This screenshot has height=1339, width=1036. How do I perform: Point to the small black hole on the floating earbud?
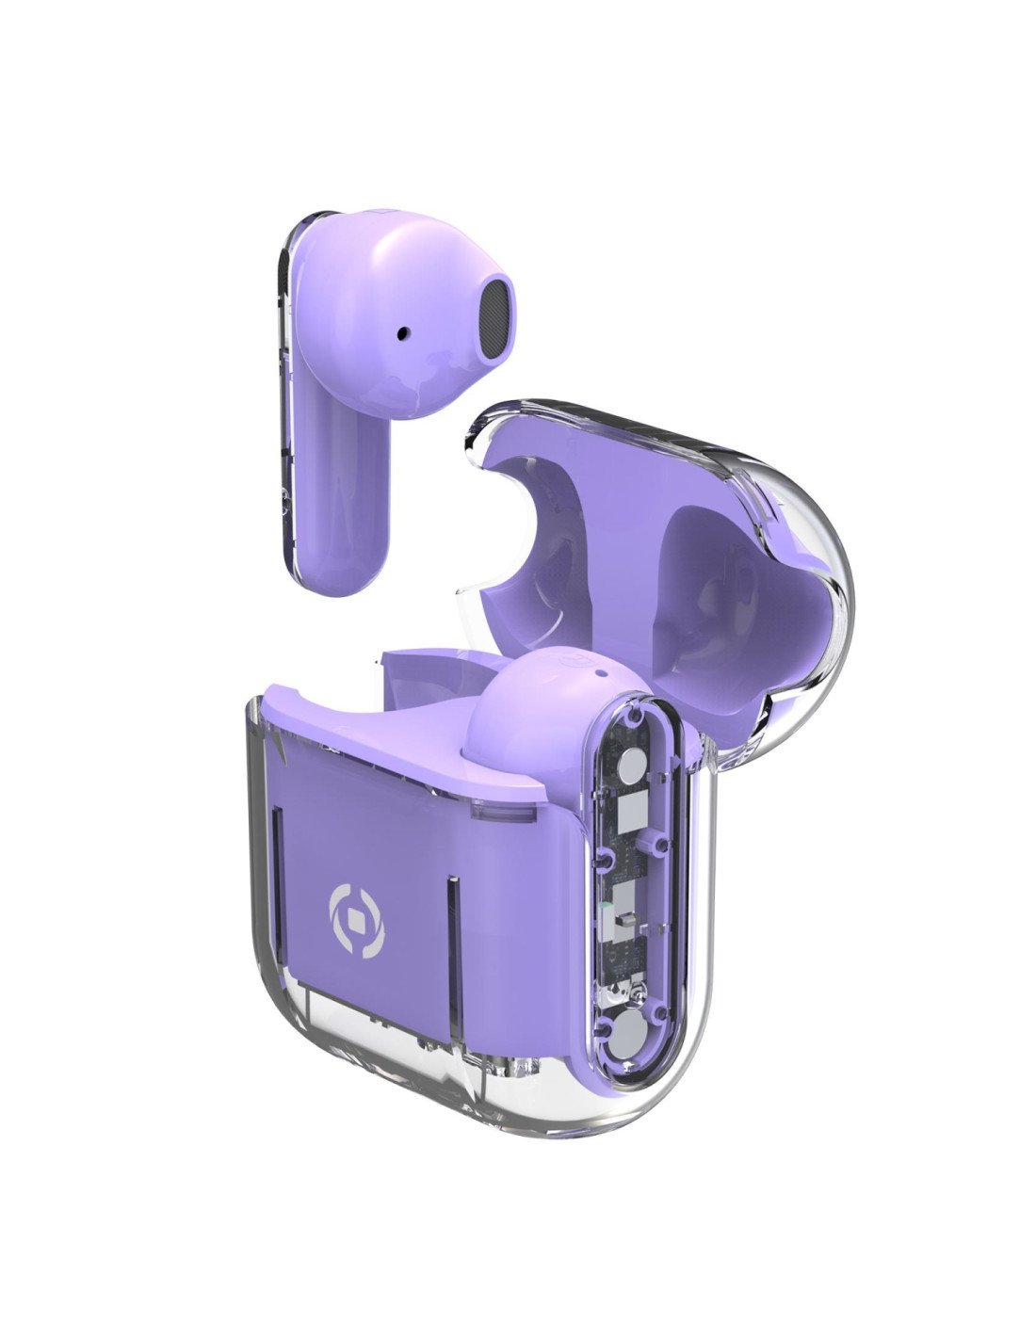[404, 332]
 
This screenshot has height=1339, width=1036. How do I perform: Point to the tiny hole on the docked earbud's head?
[600, 674]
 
